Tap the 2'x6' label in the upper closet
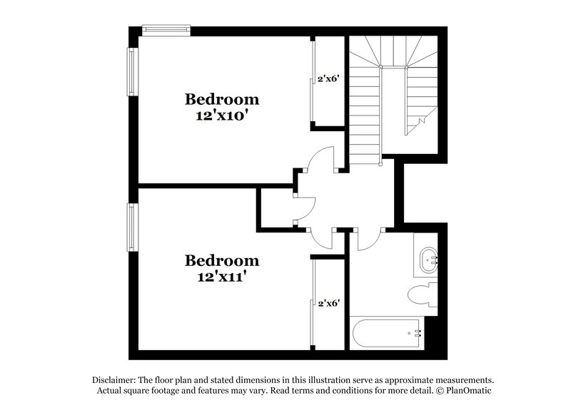tap(328, 79)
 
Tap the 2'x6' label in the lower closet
tap(328, 302)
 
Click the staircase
tap(364, 107)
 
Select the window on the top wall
tap(166, 29)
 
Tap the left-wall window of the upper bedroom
tap(131, 71)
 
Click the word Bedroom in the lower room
tap(222, 260)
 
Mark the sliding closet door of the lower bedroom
tap(313, 302)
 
